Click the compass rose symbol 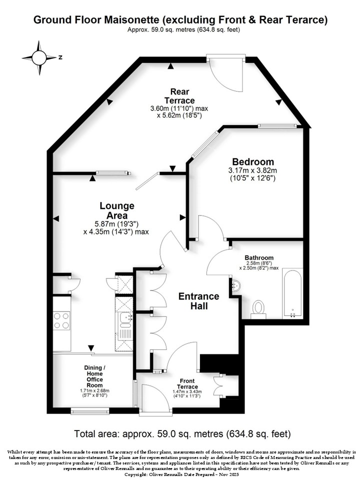click(39, 57)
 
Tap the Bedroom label click(253, 161)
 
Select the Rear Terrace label click(179, 96)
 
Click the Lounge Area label click(117, 210)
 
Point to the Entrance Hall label click(198, 301)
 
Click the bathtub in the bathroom click(292, 293)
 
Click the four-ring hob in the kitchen click(61, 320)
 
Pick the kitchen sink click(126, 318)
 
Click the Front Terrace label click(187, 384)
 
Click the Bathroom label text click(259, 258)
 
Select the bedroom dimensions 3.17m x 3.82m click(252, 170)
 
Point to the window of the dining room click(90, 411)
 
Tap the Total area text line click(182, 434)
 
